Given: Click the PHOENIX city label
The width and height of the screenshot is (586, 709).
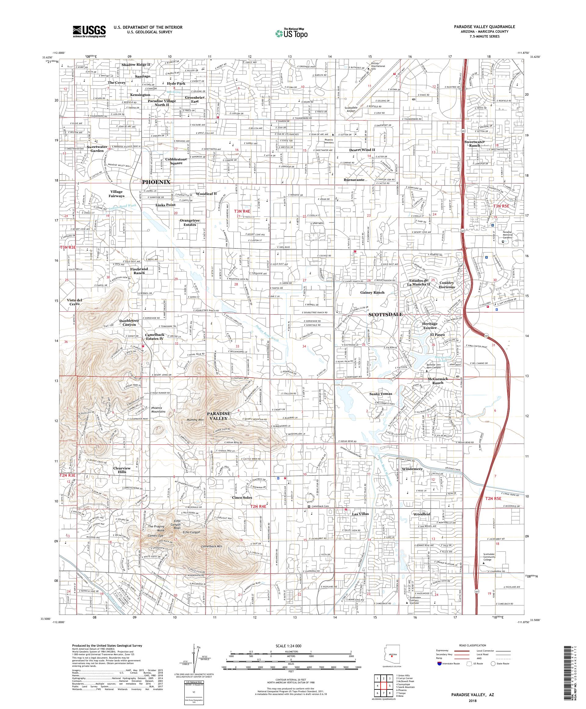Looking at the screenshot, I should tap(156, 182).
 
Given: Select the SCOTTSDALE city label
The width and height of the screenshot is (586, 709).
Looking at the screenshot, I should tap(385, 314).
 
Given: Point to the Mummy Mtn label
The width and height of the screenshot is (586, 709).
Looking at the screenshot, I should tap(196, 420).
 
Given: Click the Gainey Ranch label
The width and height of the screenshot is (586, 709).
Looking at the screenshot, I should tap(372, 292).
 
